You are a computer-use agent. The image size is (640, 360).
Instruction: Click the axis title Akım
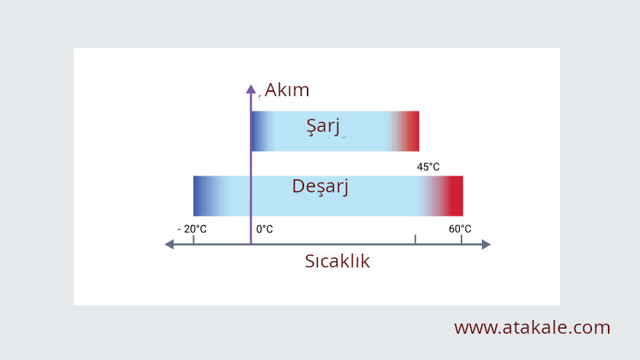(x=286, y=90)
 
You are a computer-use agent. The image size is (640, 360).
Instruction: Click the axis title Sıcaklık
(x=337, y=261)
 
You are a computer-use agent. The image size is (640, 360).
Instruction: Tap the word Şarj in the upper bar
(x=323, y=126)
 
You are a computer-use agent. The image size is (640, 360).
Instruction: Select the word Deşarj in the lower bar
(x=321, y=187)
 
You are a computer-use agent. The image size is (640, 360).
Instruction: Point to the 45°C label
(x=428, y=167)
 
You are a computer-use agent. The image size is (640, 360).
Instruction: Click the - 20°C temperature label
(x=192, y=229)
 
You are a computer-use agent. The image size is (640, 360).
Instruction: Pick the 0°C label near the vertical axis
(x=265, y=229)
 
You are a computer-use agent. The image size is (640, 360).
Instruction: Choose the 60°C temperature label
(x=460, y=229)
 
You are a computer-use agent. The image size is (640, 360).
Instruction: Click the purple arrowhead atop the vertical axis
(x=251, y=89)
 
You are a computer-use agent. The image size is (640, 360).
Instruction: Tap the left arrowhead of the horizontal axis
(x=169, y=244)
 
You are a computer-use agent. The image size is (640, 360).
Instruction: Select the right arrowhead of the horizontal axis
(x=486, y=244)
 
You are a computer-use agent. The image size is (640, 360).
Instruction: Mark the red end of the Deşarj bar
(x=454, y=196)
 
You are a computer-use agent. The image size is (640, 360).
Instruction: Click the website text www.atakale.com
(x=532, y=327)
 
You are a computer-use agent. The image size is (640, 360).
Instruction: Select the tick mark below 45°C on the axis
(x=415, y=240)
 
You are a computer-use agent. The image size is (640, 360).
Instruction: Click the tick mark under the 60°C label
(x=461, y=240)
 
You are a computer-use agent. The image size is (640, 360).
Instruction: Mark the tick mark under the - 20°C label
(x=193, y=240)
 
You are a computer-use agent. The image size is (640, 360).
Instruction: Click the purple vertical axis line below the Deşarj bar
(x=251, y=230)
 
